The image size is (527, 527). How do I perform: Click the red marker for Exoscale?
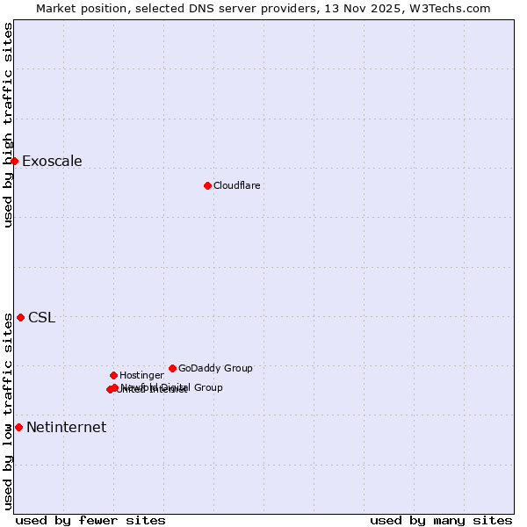tap(14, 161)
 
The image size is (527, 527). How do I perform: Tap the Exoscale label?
tap(52, 162)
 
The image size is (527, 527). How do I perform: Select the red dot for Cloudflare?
tap(207, 185)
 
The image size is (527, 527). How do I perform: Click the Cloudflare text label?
tap(236, 186)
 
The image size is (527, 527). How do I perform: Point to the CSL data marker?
tap(20, 317)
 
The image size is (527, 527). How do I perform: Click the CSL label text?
tap(41, 318)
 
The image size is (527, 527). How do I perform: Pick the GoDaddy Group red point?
tap(172, 368)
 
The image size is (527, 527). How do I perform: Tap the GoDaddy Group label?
tap(215, 369)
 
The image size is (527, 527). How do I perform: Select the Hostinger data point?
tap(113, 375)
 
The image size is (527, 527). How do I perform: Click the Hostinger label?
tap(141, 376)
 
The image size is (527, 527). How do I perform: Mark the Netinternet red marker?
tap(18, 427)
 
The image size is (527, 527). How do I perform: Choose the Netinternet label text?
tap(66, 428)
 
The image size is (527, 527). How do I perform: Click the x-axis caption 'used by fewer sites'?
tap(90, 521)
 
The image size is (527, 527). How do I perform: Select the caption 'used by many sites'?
tap(441, 521)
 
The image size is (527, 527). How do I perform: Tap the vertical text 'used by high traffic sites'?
tap(8, 125)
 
